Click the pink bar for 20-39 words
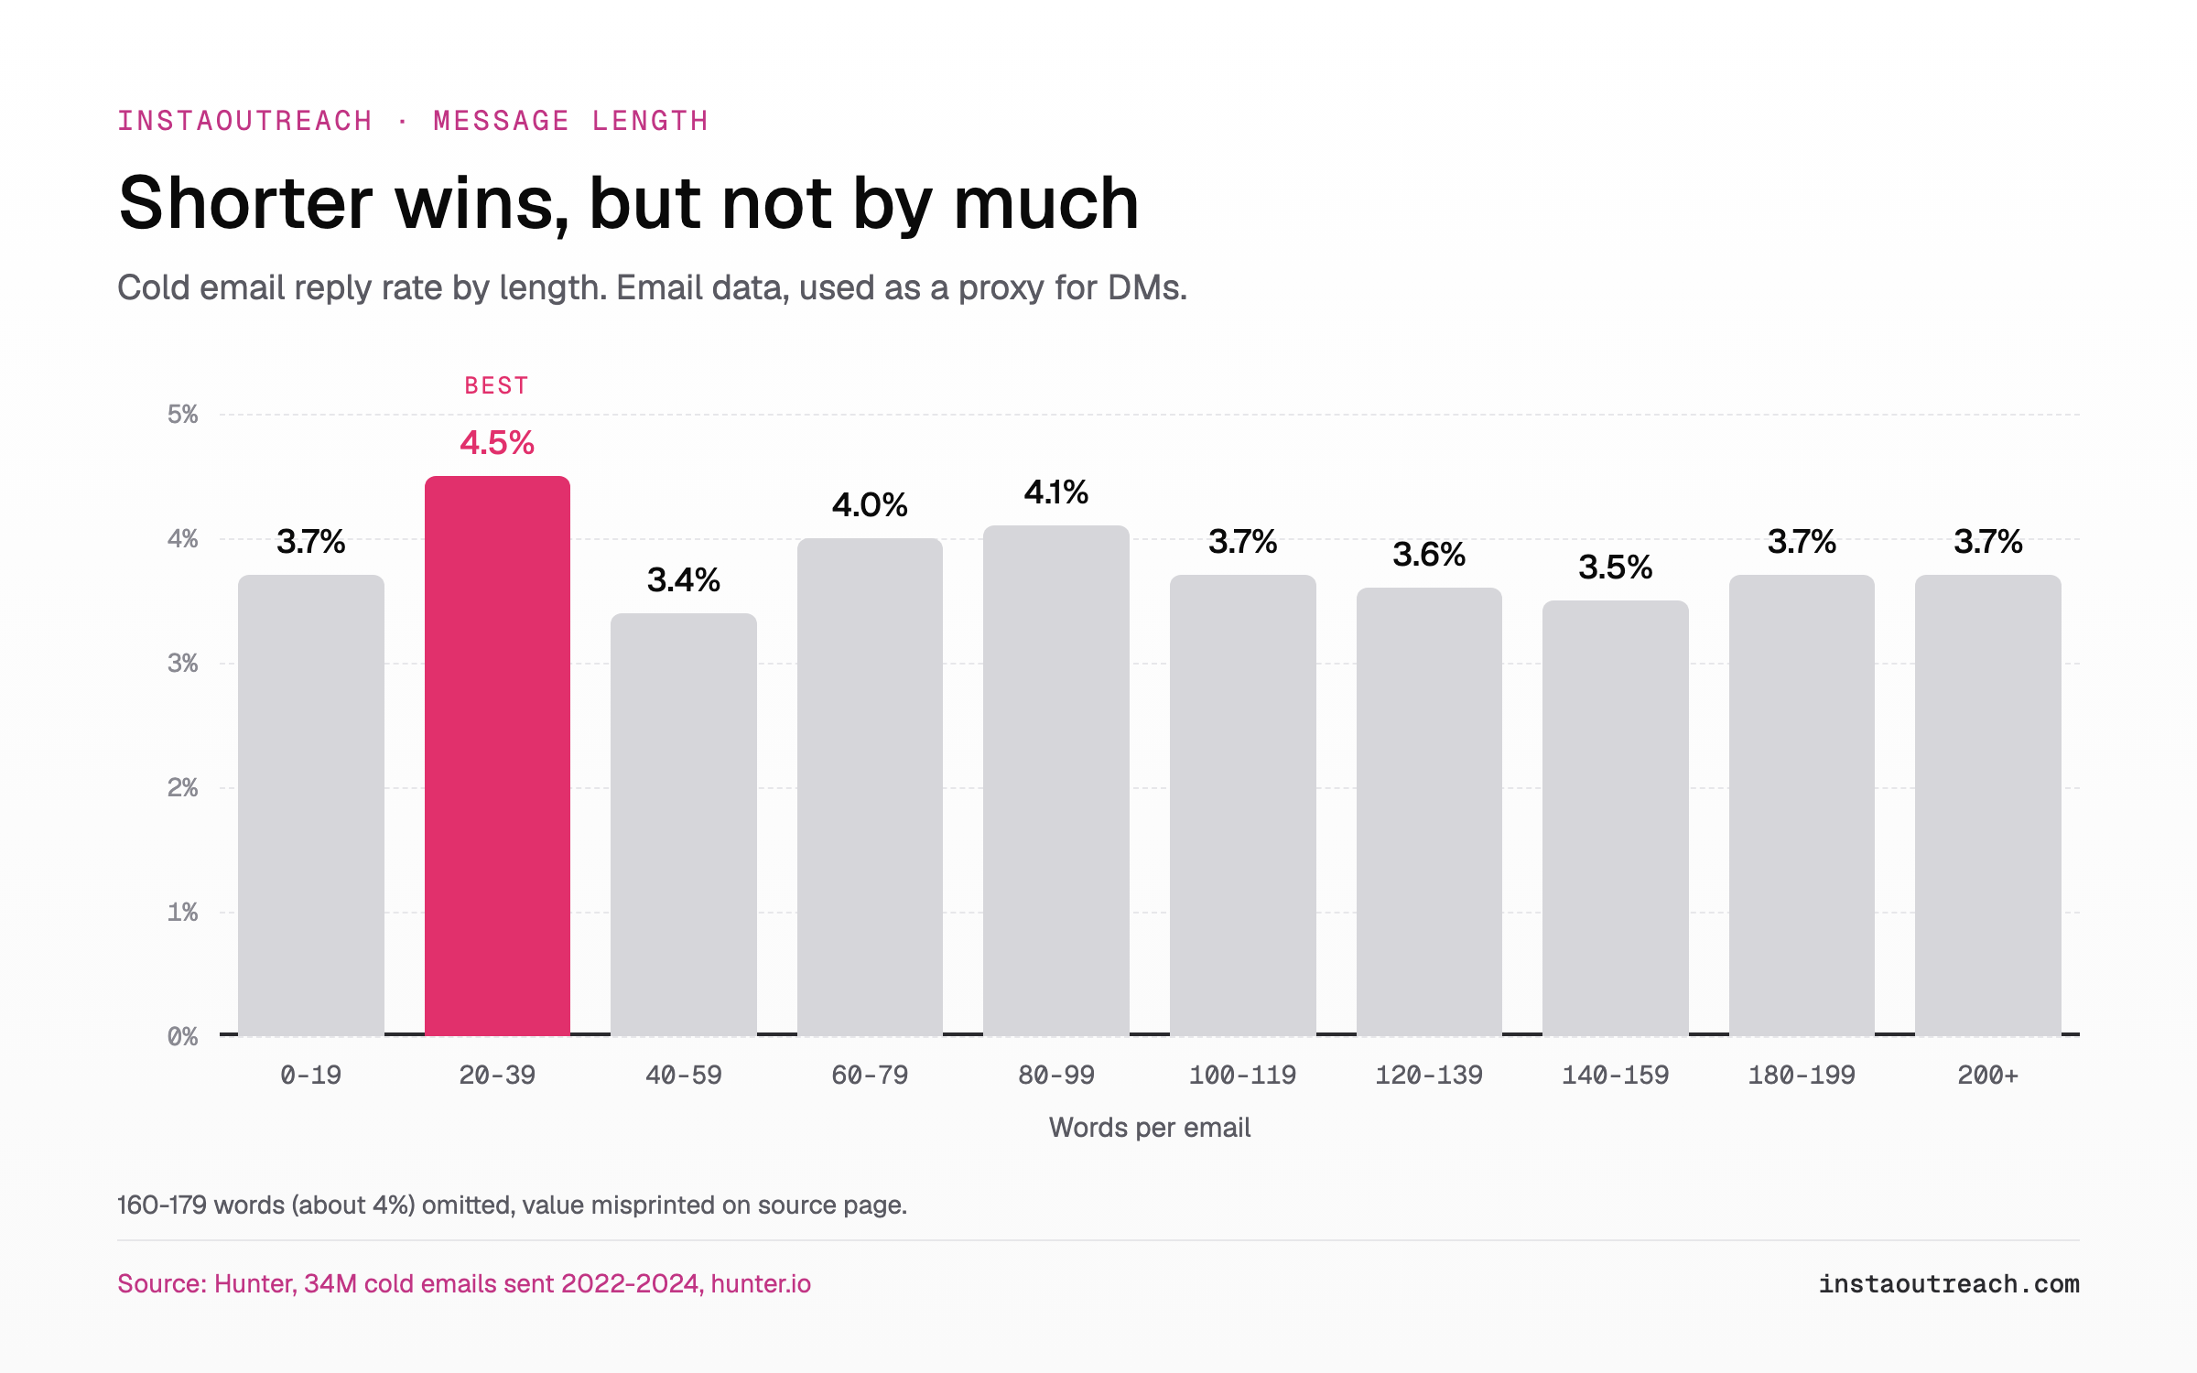pyautogui.click(x=497, y=756)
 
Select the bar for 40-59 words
pyautogui.click(x=684, y=825)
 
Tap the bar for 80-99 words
pyautogui.click(x=1056, y=781)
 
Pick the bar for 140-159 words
pyautogui.click(x=1616, y=818)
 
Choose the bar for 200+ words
pyautogui.click(x=1988, y=805)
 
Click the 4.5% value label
pyautogui.click(x=497, y=443)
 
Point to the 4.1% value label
pyautogui.click(x=1056, y=492)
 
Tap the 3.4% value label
pyautogui.click(x=684, y=580)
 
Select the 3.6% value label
pyautogui.click(x=1429, y=555)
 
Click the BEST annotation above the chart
pyautogui.click(x=497, y=385)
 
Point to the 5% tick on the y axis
pyautogui.click(x=183, y=415)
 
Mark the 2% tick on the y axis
pyautogui.click(x=183, y=788)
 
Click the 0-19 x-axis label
pyautogui.click(x=311, y=1075)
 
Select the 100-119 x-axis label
pyautogui.click(x=1243, y=1075)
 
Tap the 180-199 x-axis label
pyautogui.click(x=1802, y=1075)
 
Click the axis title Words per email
pyautogui.click(x=1150, y=1128)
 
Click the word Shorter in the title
pyautogui.click(x=245, y=203)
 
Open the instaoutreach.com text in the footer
pyautogui.click(x=1949, y=1284)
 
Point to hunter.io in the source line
pyautogui.click(x=761, y=1284)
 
